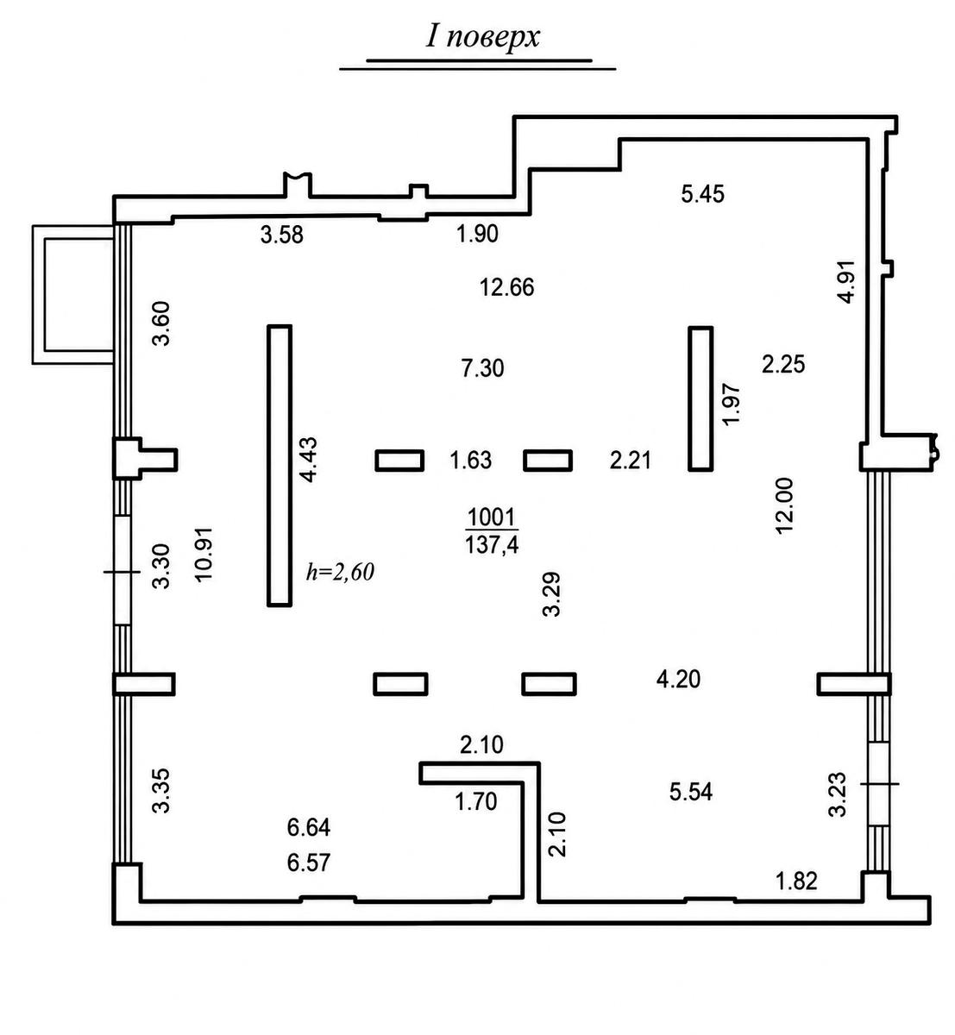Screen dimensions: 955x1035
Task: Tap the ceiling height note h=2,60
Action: coord(340,572)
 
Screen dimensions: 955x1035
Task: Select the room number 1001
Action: coord(492,517)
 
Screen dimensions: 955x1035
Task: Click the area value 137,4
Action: coord(492,545)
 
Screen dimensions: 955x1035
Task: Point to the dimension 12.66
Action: coord(506,287)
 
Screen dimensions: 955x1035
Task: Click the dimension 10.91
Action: coord(204,555)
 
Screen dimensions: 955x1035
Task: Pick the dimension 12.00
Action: coord(784,505)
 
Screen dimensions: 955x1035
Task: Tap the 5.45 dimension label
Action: coord(703,194)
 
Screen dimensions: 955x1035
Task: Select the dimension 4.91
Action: coord(846,281)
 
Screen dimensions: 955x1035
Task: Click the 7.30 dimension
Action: coord(483,368)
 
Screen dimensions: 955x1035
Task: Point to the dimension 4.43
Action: coord(308,461)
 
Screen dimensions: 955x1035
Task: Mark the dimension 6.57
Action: coord(309,862)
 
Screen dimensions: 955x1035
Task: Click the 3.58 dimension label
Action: coord(281,235)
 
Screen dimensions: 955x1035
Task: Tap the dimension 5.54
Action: coord(691,792)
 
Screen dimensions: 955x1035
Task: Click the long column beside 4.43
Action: coord(280,466)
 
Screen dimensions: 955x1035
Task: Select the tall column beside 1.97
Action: coord(701,399)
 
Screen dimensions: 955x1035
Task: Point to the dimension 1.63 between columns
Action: coord(470,461)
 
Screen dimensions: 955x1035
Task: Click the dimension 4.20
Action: coord(678,679)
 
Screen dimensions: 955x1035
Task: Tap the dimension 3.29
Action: coord(551,594)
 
